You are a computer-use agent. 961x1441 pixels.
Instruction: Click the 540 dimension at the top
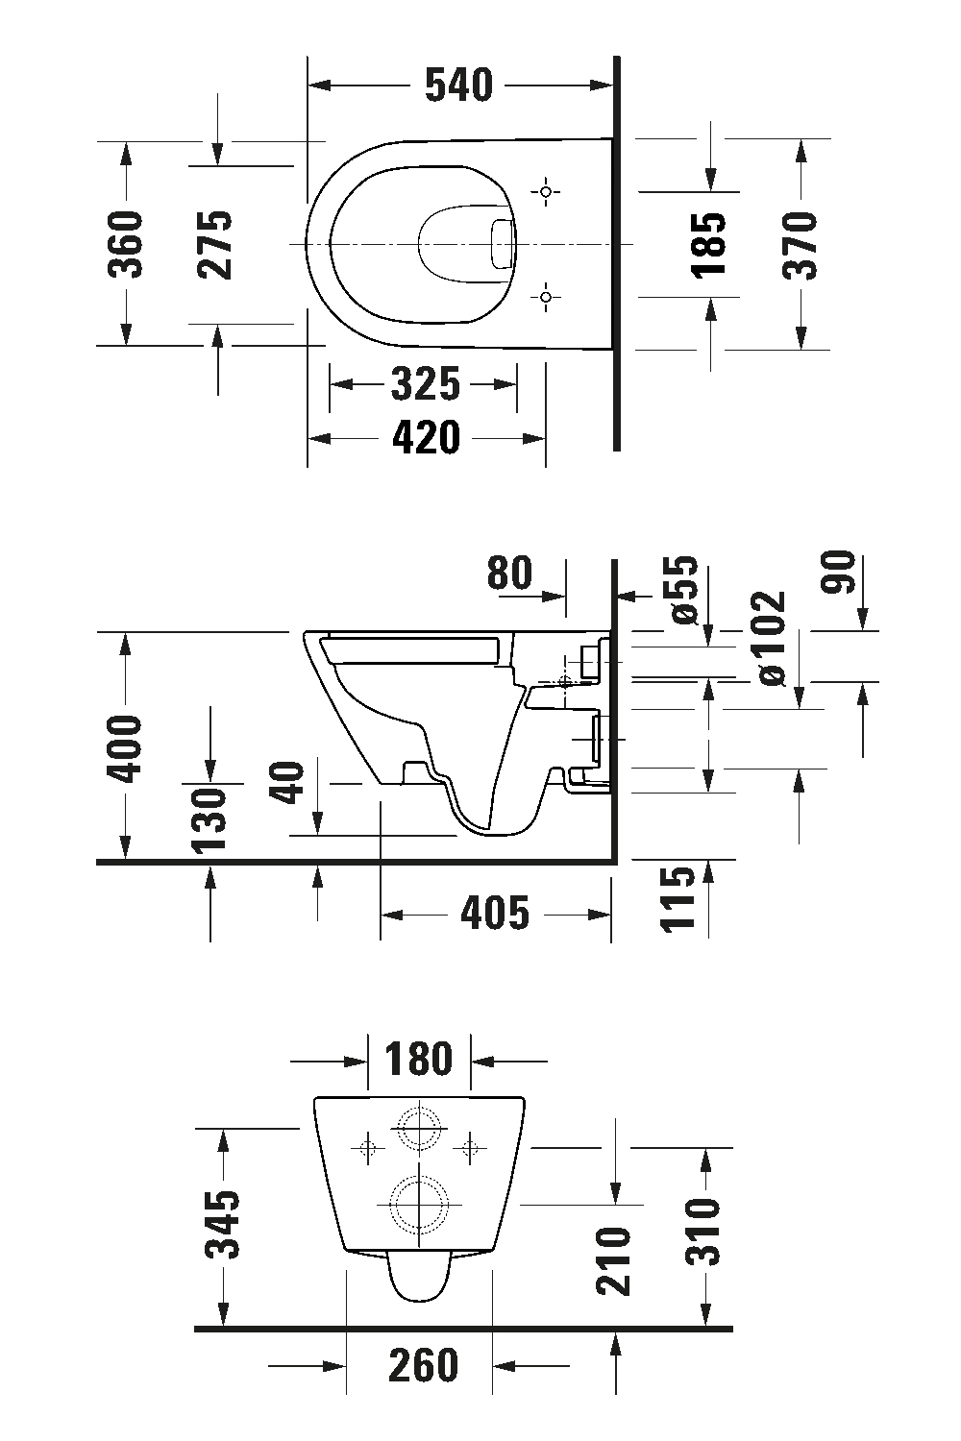point(458,85)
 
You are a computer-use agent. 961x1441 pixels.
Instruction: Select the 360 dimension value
point(125,244)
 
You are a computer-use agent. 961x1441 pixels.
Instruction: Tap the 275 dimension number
point(215,244)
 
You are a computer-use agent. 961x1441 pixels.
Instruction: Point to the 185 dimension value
point(710,244)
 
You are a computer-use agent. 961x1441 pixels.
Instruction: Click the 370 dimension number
point(800,244)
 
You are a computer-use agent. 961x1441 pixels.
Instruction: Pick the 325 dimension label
point(426,385)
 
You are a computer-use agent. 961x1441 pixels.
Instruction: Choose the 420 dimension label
point(426,438)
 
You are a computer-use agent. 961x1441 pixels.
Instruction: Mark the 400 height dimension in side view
point(125,747)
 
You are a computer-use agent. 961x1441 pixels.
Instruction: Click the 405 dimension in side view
point(495,913)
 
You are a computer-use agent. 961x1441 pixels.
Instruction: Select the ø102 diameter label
point(772,637)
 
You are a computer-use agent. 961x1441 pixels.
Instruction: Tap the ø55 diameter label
point(683,590)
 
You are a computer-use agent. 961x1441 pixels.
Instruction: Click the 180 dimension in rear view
point(419,1060)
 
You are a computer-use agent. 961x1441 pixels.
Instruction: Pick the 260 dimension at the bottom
point(423,1365)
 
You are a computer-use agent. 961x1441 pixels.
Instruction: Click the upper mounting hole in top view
point(546,193)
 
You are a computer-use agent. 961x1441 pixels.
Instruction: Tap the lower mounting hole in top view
point(546,297)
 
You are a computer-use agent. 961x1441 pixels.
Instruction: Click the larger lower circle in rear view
point(418,1205)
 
